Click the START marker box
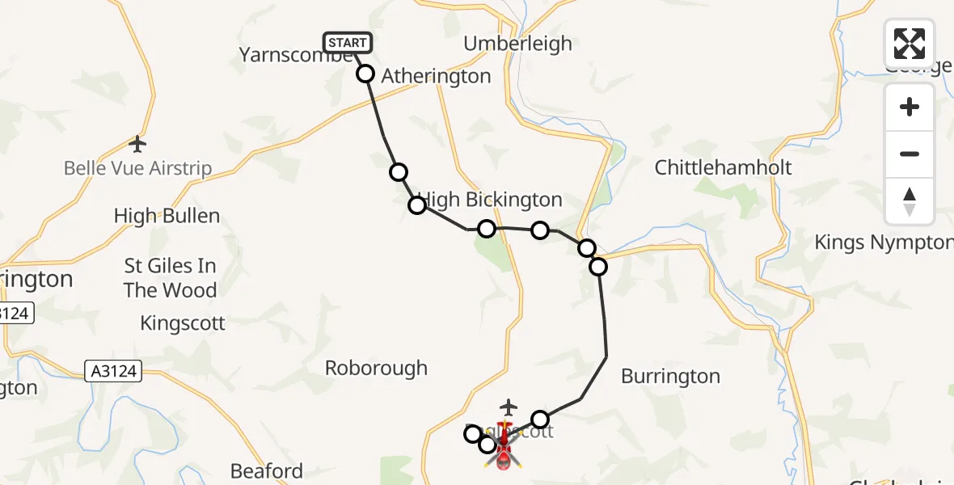click(348, 42)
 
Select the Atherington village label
click(436, 76)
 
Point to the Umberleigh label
click(517, 44)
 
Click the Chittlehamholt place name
click(723, 168)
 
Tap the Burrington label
click(670, 376)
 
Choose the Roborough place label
click(376, 368)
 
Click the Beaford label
click(267, 470)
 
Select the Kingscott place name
click(183, 323)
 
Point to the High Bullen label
click(167, 216)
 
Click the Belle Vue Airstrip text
click(137, 169)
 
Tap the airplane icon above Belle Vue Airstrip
click(137, 145)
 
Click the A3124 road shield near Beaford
click(113, 372)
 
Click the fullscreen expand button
click(909, 44)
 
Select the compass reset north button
click(909, 200)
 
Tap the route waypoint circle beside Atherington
click(365, 74)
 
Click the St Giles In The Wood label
click(170, 277)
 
